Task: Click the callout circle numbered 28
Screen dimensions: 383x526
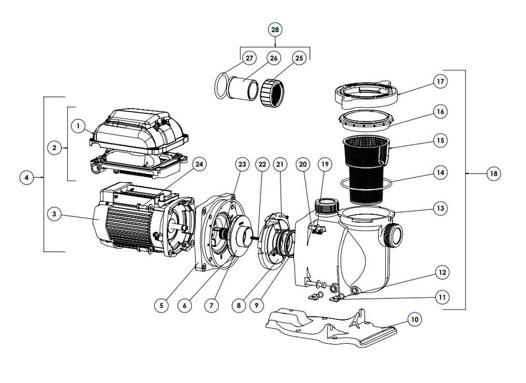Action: (275, 29)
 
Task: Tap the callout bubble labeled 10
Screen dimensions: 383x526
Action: (414, 319)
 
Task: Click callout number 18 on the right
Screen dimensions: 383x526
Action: (493, 173)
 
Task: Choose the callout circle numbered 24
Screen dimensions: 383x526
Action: (199, 165)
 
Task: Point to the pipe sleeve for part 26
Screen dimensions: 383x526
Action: (243, 89)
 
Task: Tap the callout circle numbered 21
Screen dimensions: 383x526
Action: (281, 165)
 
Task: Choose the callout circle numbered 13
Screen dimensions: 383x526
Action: (440, 208)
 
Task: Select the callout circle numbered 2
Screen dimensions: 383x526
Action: (54, 148)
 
